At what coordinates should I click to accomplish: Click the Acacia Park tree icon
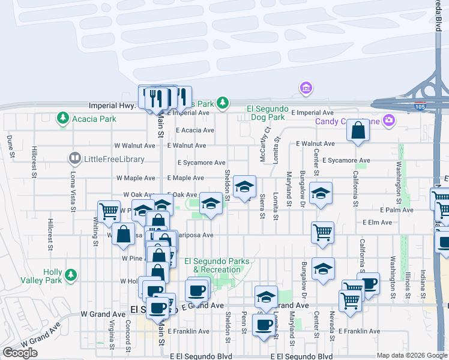[x=62, y=119]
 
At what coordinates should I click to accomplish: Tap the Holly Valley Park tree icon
[x=71, y=275]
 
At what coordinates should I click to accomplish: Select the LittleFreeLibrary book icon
[x=74, y=159]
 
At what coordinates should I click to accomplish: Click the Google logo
[x=20, y=353]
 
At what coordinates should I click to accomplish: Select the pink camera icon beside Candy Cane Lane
[x=389, y=121]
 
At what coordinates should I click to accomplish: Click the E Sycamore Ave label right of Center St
[x=346, y=161]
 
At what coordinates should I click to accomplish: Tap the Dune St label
[x=11, y=147]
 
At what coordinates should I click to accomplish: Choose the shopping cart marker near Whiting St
[x=109, y=211]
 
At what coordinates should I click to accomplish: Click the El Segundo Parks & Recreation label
[x=212, y=265]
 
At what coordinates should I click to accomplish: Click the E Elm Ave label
[x=377, y=222]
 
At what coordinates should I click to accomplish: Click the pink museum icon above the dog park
[x=306, y=89]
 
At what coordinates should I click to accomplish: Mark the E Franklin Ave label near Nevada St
[x=359, y=331]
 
